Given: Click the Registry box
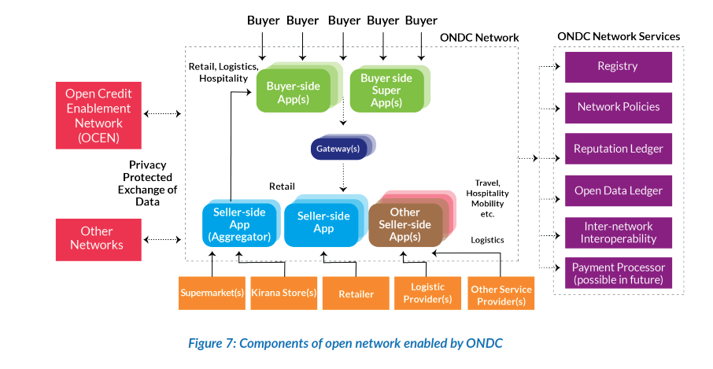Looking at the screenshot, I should coord(618,67).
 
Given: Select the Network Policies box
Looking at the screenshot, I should coord(618,107).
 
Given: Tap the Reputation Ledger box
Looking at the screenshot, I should coord(618,149).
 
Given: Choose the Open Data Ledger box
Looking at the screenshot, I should coord(618,190).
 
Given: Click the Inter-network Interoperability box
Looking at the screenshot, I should coord(618,232).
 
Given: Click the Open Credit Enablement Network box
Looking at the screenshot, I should coord(99,116).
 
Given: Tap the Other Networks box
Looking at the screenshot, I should coord(99,238).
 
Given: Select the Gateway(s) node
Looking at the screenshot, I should coord(338,148).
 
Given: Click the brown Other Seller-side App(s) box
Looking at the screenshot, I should coord(405,223).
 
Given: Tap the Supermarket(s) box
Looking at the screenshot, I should coord(212,293).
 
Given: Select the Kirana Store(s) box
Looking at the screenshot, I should coord(283,293).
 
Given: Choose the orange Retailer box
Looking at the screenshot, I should coord(356,293).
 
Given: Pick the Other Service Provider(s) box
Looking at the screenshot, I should coord(501,293).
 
